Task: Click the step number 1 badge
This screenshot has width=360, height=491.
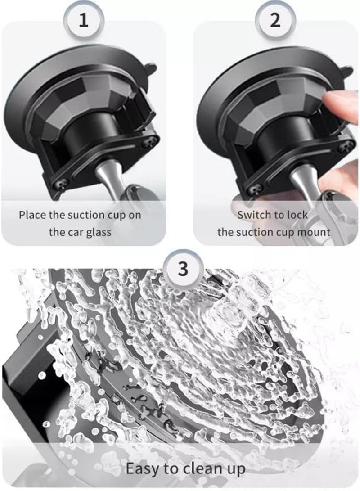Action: (84, 21)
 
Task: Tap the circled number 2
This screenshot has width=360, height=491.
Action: (275, 21)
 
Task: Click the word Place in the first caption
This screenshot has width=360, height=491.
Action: (32, 215)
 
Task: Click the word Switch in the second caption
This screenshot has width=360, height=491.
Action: (254, 215)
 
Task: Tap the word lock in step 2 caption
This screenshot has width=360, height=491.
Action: (298, 215)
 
